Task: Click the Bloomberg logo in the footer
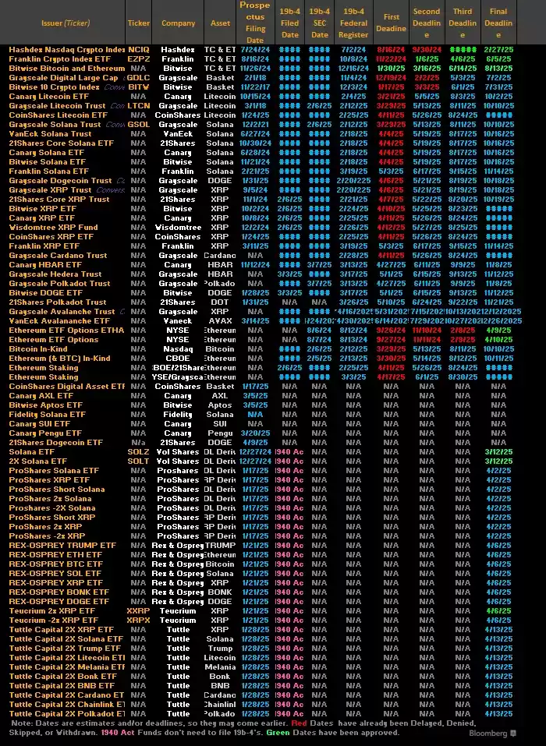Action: click(488, 733)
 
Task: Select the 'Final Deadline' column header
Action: click(498, 23)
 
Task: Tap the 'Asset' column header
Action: click(221, 23)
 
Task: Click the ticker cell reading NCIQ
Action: click(138, 49)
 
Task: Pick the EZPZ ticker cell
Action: click(138, 58)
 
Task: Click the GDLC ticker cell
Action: click(138, 77)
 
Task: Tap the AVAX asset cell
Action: click(221, 320)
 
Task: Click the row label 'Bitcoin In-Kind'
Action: click(39, 348)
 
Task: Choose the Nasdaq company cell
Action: click(178, 348)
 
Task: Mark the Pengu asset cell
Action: click(221, 433)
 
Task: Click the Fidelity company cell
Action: click(178, 414)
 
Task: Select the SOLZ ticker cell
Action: click(138, 451)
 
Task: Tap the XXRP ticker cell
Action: click(138, 610)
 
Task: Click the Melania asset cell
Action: click(221, 666)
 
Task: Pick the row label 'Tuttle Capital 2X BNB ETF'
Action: click(64, 685)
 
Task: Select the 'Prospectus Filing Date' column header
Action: click(255, 23)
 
